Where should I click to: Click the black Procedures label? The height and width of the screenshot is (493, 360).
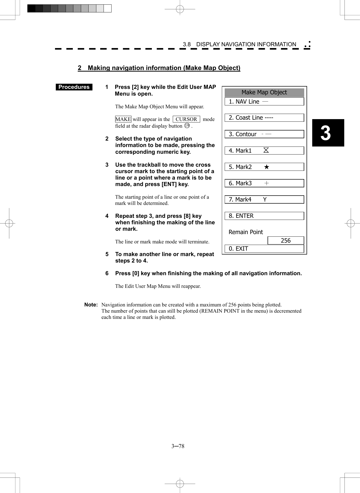pos(74,87)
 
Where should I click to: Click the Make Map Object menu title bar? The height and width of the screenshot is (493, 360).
pos(264,93)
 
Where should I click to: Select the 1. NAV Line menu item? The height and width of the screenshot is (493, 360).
pos(264,102)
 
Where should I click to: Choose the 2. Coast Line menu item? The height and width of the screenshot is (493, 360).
pos(264,118)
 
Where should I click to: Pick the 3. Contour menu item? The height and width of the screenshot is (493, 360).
pos(264,134)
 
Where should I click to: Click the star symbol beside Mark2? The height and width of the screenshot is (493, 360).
pos(267,167)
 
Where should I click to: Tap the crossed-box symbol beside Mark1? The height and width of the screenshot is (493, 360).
pos(266,150)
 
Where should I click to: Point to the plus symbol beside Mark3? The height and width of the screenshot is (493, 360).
pos(267,183)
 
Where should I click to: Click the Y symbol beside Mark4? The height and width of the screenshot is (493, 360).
pos(265,199)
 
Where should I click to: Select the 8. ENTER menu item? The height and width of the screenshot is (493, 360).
pos(264,216)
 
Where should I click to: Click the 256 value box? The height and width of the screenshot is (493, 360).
pos(286,241)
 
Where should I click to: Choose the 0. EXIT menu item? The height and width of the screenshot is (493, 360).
pos(264,249)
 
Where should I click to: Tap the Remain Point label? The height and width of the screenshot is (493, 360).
pos(246,232)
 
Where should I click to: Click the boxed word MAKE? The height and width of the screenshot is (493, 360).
pos(123,119)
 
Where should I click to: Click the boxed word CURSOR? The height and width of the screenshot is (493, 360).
pos(186,119)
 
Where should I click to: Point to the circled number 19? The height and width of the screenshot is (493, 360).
pos(187,126)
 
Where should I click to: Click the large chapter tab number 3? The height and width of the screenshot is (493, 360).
pos(326,133)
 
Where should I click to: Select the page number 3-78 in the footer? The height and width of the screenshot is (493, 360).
pos(178,446)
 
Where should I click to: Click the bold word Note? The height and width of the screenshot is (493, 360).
pos(91,305)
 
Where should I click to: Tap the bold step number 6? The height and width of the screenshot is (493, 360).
pos(107,273)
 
